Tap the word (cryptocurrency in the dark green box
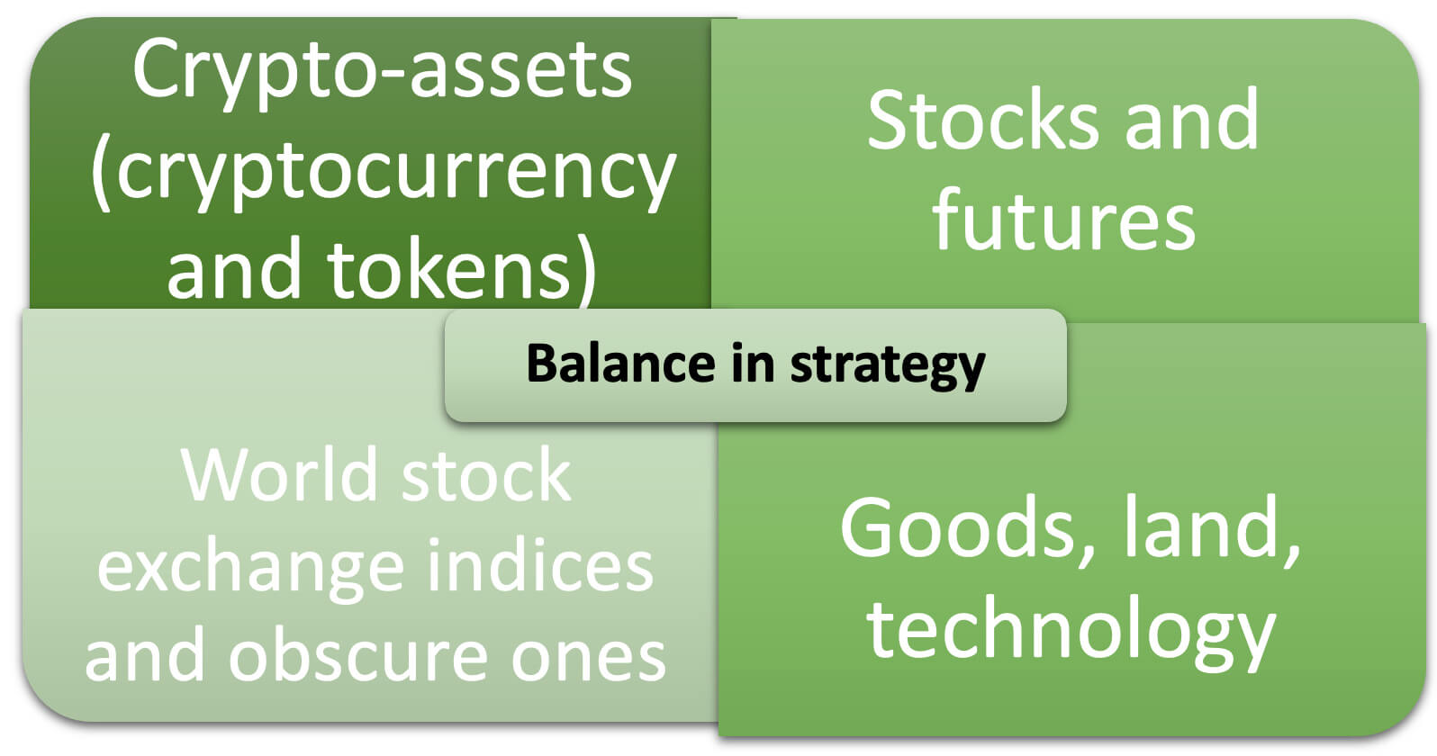point(384,173)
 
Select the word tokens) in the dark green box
point(462,269)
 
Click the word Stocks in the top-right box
point(983,120)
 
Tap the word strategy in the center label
point(888,366)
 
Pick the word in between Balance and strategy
point(753,363)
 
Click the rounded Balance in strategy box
point(755,365)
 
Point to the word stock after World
point(485,474)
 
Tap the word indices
point(540,564)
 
